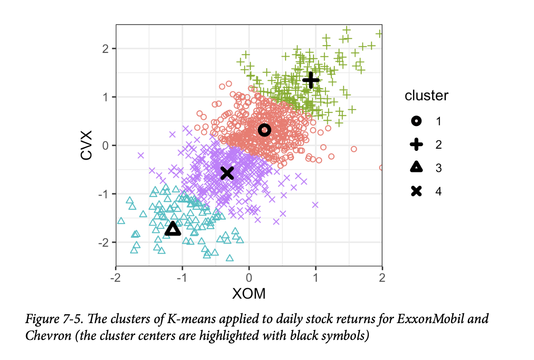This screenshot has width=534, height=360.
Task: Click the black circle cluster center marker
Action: pyautogui.click(x=264, y=130)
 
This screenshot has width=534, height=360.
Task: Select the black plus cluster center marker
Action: pyautogui.click(x=311, y=80)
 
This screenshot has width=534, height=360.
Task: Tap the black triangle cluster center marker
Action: pyautogui.click(x=173, y=229)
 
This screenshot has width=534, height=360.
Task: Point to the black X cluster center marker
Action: pyautogui.click(x=227, y=173)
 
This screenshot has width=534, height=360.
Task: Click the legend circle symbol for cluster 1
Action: pyautogui.click(x=417, y=121)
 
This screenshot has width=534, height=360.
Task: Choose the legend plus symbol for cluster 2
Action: pyautogui.click(x=417, y=145)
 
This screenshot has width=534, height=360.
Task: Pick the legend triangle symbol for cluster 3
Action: pyautogui.click(x=417, y=167)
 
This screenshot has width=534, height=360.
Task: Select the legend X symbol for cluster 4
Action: pyautogui.click(x=417, y=191)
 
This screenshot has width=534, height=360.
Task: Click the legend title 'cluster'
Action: pyautogui.click(x=426, y=96)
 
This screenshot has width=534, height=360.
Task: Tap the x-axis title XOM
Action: pyautogui.click(x=249, y=294)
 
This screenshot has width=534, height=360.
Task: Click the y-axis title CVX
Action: pyautogui.click(x=87, y=145)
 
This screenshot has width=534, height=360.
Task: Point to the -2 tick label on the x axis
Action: pyautogui.click(x=115, y=278)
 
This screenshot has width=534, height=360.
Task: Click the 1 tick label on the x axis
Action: pyautogui.click(x=315, y=278)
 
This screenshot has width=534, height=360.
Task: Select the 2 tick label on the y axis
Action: pyautogui.click(x=106, y=49)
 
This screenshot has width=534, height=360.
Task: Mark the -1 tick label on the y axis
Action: pyautogui.click(x=103, y=194)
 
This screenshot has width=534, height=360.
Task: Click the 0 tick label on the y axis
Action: pyautogui.click(x=106, y=145)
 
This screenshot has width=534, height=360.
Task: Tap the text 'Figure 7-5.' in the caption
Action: pyautogui.click(x=55, y=319)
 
